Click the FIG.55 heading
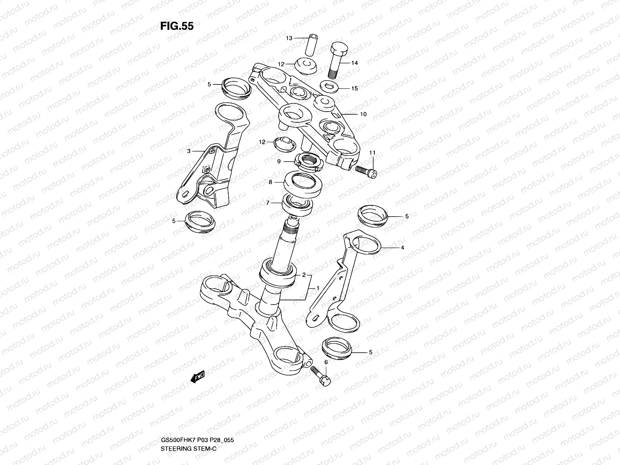177,26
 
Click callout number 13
289,38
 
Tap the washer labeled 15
329,86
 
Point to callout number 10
363,115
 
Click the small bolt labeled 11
366,172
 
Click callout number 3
189,151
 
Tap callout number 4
402,247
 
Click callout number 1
318,288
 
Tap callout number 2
304,275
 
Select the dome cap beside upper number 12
306,67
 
